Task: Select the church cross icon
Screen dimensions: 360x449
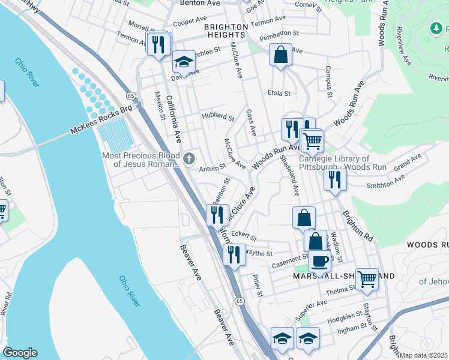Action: (x=189, y=159)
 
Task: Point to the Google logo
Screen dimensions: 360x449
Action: (x=20, y=353)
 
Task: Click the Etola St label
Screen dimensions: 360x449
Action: (x=279, y=94)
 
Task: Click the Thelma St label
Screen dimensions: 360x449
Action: (x=336, y=292)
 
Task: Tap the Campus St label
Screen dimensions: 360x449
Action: (x=328, y=82)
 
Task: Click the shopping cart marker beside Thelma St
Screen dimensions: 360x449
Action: (x=367, y=278)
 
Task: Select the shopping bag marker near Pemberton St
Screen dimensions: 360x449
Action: (x=280, y=55)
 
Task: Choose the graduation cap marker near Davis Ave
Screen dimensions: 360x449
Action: (x=184, y=62)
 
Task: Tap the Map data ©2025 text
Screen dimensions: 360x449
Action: (x=424, y=355)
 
